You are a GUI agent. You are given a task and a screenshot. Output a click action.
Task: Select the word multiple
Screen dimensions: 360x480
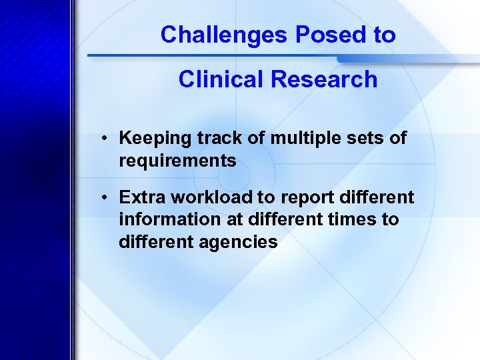tap(297, 139)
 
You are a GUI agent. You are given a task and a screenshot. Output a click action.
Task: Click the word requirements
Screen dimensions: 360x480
tap(177, 161)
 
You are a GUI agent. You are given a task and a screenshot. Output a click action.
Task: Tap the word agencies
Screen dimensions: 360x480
tap(238, 241)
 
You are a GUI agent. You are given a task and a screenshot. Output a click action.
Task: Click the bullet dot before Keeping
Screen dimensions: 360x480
tap(106, 139)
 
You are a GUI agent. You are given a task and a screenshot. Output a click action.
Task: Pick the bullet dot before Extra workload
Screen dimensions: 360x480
tap(106, 198)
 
